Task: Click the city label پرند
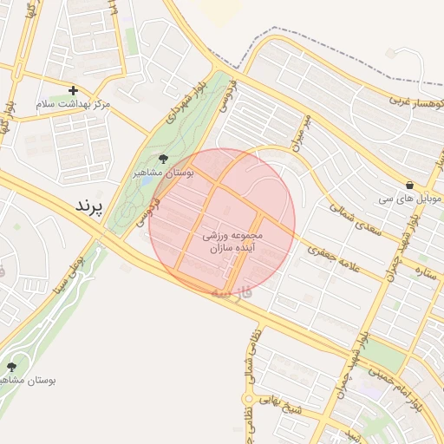click(89, 207)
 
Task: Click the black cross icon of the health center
click(73, 89)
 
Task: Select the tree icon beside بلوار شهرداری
click(163, 158)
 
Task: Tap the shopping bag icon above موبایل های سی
click(408, 185)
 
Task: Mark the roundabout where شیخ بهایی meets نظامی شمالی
click(249, 400)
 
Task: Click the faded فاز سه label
click(237, 293)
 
